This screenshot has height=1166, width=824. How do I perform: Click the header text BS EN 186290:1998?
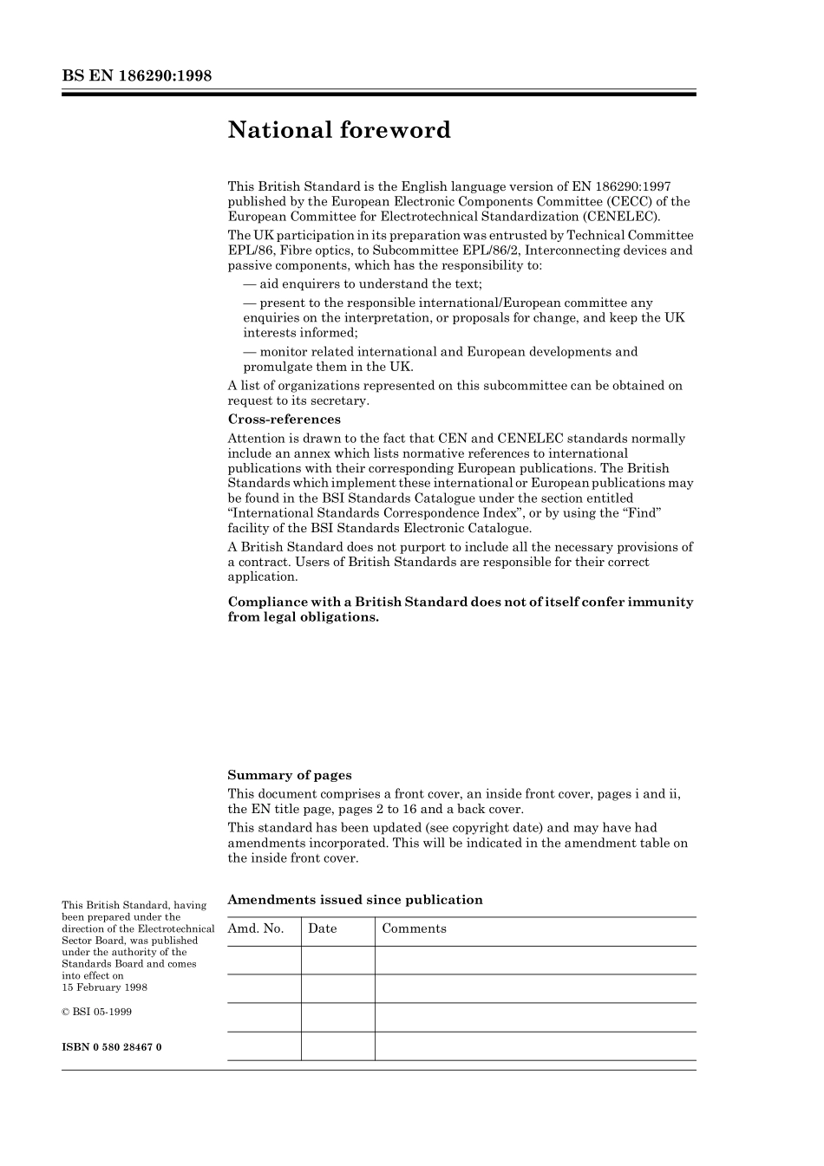click(x=137, y=75)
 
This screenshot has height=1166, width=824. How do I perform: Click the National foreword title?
click(x=339, y=130)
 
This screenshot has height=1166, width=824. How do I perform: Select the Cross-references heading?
click(x=284, y=420)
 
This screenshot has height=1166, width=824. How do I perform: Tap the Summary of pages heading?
click(x=290, y=775)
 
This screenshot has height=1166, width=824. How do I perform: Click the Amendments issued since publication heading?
click(x=355, y=900)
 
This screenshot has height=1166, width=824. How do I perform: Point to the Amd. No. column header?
click(x=256, y=928)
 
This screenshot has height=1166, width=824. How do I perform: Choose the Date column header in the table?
click(x=323, y=928)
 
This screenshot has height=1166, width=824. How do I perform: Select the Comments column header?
click(x=415, y=928)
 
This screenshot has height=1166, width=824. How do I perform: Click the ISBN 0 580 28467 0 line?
click(x=111, y=1046)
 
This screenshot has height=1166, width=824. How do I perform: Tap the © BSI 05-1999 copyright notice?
click(x=97, y=1012)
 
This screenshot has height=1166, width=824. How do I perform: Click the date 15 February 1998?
click(x=104, y=987)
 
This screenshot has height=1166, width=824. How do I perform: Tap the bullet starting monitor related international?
click(x=440, y=351)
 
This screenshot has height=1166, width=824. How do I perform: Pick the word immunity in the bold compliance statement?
click(x=663, y=602)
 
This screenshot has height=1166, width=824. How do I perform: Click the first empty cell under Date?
click(x=338, y=960)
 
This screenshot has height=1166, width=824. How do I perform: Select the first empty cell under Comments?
click(x=535, y=960)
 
